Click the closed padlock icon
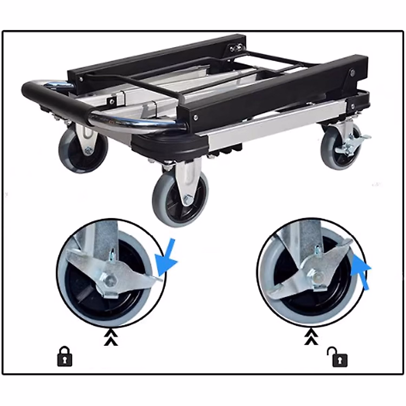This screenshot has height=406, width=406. pyautogui.click(x=65, y=356)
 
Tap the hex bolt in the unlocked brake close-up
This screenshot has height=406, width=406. pyautogui.click(x=317, y=276)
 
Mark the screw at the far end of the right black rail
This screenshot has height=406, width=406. pyautogui.click(x=353, y=72)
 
